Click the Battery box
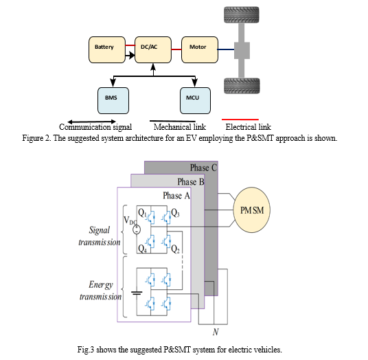[x=107, y=49]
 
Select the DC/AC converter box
[x=153, y=49]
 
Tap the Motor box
[x=200, y=49]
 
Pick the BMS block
[x=113, y=101]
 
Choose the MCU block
[x=195, y=101]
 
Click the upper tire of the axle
[x=242, y=15]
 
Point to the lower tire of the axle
[x=242, y=86]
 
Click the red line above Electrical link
[x=240, y=120]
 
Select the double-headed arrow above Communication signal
[x=91, y=122]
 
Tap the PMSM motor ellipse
[x=251, y=210]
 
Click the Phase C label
[x=203, y=168]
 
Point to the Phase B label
[x=191, y=182]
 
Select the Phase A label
[x=176, y=195]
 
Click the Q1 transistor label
[x=142, y=213]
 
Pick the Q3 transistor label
[x=175, y=213]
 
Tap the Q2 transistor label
[x=175, y=249]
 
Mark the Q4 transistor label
[x=142, y=249]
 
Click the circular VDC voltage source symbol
[x=137, y=229]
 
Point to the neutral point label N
[x=216, y=332]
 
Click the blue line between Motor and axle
[x=226, y=49]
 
